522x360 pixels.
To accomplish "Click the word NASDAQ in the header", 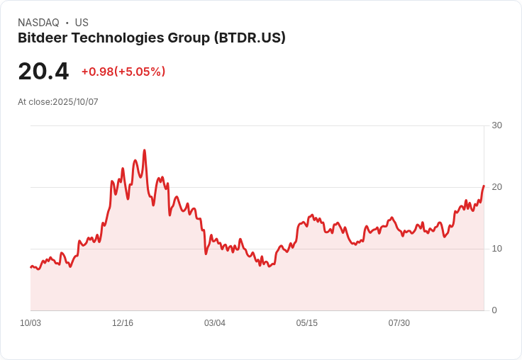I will [x=38, y=23].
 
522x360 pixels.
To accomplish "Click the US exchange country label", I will [x=82, y=23].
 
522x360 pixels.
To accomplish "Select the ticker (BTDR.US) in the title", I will [x=250, y=38].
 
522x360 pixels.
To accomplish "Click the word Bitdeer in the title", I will [x=41, y=38].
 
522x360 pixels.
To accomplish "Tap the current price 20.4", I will [x=43, y=72].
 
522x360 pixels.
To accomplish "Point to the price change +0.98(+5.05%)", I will [x=123, y=72].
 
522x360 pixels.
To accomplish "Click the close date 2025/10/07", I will [x=75, y=102].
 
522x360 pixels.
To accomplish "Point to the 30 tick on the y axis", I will [x=496, y=125].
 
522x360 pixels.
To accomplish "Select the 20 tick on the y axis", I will [x=496, y=187].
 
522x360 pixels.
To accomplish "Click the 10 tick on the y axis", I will [x=496, y=249].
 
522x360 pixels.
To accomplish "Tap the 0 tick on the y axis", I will [x=494, y=310].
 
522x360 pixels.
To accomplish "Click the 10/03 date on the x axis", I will [x=30, y=323].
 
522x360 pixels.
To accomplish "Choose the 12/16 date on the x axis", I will [x=123, y=323].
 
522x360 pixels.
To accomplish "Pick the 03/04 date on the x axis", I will [x=215, y=323].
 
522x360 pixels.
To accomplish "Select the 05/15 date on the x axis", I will [x=307, y=323].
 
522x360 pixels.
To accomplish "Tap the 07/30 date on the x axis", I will [x=399, y=323].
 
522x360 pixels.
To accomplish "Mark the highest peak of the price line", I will [x=145, y=150].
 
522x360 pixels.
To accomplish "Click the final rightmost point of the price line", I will [x=484, y=186].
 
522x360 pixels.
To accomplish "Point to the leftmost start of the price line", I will [x=30, y=267].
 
